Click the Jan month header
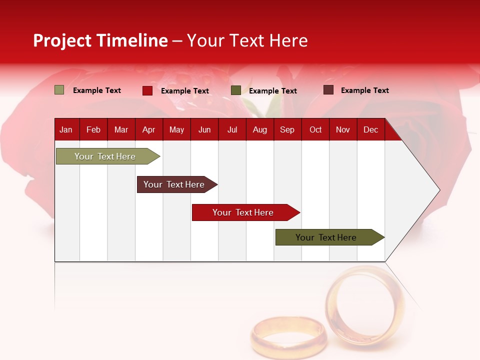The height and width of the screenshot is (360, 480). [x=66, y=129]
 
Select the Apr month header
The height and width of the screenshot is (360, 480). [x=148, y=129]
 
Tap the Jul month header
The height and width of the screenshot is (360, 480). [x=232, y=129]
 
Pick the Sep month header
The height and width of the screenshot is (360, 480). [x=287, y=129]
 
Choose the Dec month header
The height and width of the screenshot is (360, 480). [x=370, y=129]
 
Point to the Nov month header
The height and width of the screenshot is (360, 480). [x=342, y=129]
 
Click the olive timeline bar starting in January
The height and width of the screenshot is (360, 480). [x=105, y=156]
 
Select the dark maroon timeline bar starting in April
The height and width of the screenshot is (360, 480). [x=174, y=184]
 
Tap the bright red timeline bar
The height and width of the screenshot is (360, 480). [x=243, y=212]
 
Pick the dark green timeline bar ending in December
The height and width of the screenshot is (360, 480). [x=326, y=237]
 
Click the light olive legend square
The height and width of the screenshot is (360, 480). [x=59, y=90]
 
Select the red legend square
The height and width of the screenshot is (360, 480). [x=147, y=90]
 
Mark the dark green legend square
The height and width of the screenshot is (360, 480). [x=236, y=90]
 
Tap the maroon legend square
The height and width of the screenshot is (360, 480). [x=328, y=90]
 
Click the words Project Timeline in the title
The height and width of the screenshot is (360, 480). [x=100, y=40]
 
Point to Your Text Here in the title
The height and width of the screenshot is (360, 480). [x=247, y=40]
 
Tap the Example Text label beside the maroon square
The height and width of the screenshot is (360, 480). [x=364, y=90]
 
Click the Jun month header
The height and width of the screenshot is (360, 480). [x=204, y=129]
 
